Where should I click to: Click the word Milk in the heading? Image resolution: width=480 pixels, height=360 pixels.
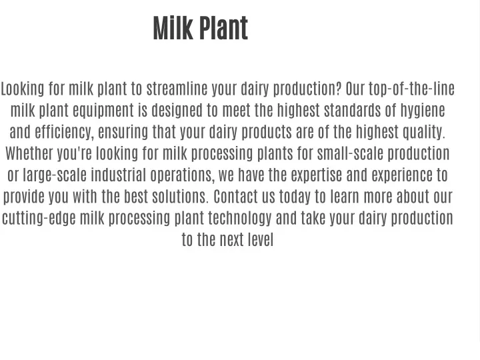[x=173, y=28]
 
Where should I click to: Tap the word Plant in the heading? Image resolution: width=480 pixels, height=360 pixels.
[x=224, y=28]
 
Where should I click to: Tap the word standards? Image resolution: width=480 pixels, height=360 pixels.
[x=353, y=111]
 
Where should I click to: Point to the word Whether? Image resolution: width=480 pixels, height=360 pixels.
[x=29, y=153]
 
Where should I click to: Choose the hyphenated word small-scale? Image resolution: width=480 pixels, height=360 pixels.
[x=350, y=153]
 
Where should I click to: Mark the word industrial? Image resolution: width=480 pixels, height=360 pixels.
[x=119, y=175]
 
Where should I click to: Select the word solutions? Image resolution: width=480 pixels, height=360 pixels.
[x=180, y=196]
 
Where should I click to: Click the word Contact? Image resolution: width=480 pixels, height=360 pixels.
[x=236, y=196]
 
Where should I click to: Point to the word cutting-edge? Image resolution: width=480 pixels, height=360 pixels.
[x=39, y=219]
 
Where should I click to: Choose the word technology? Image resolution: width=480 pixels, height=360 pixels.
[x=240, y=219]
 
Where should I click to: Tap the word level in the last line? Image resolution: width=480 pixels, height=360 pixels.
[x=261, y=239]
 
